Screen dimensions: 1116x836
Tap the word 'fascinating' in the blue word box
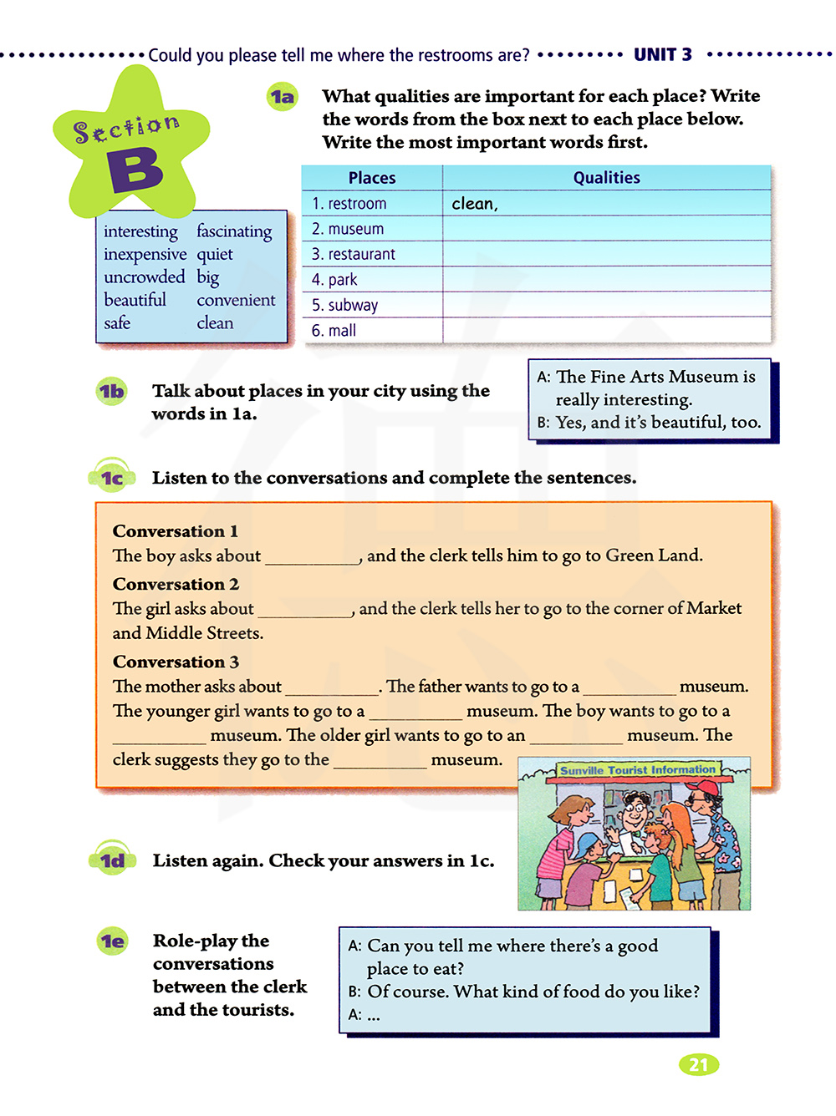click(234, 231)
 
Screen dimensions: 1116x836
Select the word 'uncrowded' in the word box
click(144, 276)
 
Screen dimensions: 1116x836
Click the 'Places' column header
click(372, 178)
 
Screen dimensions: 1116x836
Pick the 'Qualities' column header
click(606, 178)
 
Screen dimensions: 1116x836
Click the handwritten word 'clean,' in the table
click(474, 204)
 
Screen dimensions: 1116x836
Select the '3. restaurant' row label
click(353, 254)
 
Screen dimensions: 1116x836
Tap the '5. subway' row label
click(344, 305)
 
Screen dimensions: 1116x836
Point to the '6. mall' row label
click(334, 331)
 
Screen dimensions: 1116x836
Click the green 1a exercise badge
click(283, 98)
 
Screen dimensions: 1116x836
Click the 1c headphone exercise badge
click(112, 478)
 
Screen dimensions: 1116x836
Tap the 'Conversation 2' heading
click(176, 584)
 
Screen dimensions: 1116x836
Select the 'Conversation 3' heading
click(176, 662)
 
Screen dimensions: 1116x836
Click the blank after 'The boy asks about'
click(312, 557)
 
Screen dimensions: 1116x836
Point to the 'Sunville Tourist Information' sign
click(638, 770)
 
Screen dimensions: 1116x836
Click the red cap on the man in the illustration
click(703, 787)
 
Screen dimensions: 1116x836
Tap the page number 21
click(699, 1065)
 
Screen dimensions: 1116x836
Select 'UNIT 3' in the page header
click(663, 55)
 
